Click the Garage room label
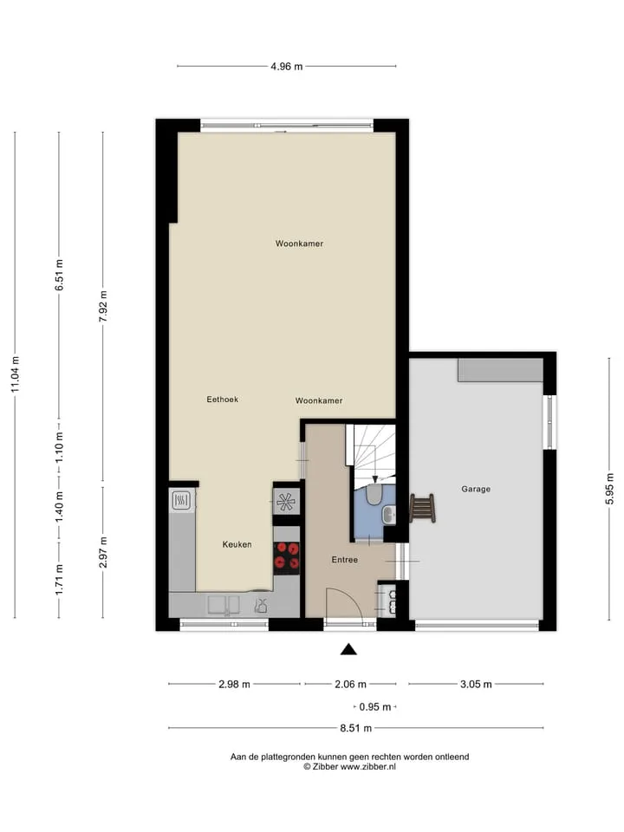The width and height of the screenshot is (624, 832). [476, 489]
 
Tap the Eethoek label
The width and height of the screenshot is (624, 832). [223, 399]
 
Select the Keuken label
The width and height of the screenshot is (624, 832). [237, 544]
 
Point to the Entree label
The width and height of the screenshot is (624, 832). [344, 559]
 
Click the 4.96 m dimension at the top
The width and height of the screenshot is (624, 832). [287, 67]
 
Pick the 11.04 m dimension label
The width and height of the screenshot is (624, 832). [15, 374]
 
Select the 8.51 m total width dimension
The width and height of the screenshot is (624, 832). [355, 728]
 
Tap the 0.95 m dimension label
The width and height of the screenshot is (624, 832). [374, 707]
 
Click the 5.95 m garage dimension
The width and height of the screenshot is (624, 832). [609, 488]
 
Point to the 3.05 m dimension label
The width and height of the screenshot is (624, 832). [476, 684]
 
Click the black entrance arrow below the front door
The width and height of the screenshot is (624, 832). [348, 649]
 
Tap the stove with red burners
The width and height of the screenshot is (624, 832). [287, 557]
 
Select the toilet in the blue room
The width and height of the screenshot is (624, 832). [374, 495]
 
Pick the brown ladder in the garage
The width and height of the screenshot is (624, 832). [422, 508]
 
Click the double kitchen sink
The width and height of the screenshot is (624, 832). [224, 604]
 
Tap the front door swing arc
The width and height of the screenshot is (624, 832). [353, 596]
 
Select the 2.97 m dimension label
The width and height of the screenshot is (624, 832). [103, 552]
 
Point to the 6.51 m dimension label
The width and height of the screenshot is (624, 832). [59, 275]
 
